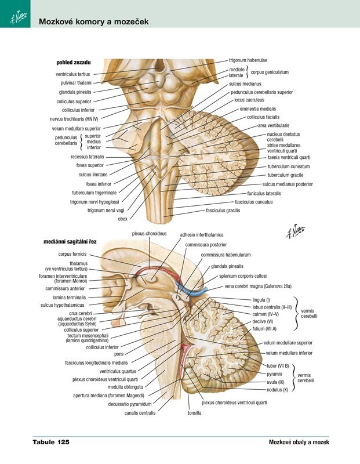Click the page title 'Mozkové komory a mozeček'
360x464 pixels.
pyautogui.click(x=93, y=22)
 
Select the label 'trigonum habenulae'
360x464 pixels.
pyautogui.click(x=248, y=60)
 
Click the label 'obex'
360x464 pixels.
pyautogui.click(x=122, y=219)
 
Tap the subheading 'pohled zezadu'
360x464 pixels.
pyautogui.click(x=73, y=61)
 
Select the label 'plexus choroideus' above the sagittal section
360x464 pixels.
pyautogui.click(x=150, y=234)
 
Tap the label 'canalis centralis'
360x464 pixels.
pyautogui.click(x=140, y=413)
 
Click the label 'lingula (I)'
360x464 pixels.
pyautogui.click(x=261, y=299)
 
